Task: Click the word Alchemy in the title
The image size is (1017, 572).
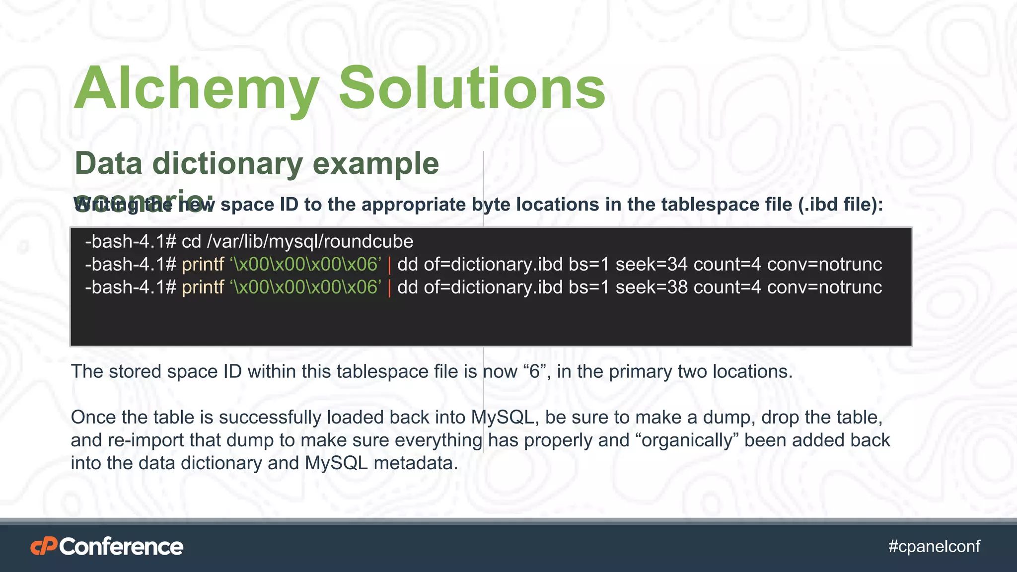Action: [196, 88]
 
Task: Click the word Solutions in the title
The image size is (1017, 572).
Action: [472, 88]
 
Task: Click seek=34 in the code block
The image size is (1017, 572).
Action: [652, 265]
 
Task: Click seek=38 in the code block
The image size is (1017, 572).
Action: [652, 287]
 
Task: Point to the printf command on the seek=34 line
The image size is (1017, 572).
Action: [203, 265]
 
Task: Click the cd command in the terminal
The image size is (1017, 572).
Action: [191, 242]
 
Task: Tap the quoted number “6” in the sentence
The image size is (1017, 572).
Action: [534, 371]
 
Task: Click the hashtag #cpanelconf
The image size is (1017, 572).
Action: [934, 546]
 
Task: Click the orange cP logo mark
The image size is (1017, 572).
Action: [44, 547]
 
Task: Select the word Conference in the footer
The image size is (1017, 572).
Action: [122, 547]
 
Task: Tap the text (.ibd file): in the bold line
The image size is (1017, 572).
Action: [840, 205]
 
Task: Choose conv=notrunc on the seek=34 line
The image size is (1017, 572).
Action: [824, 265]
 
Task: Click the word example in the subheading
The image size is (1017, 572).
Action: [376, 163]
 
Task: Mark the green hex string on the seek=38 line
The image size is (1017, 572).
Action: [305, 287]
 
